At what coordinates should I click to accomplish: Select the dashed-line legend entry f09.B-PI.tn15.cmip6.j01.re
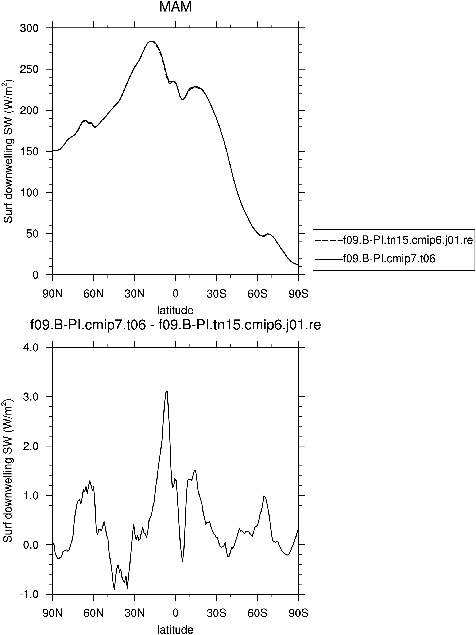[394, 240]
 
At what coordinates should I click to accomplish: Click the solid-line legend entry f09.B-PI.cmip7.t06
[375, 259]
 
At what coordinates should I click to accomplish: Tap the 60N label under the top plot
[94, 294]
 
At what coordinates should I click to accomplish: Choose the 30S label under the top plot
[216, 294]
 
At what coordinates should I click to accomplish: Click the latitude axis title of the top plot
[175, 310]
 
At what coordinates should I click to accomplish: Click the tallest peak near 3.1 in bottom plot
[167, 391]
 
